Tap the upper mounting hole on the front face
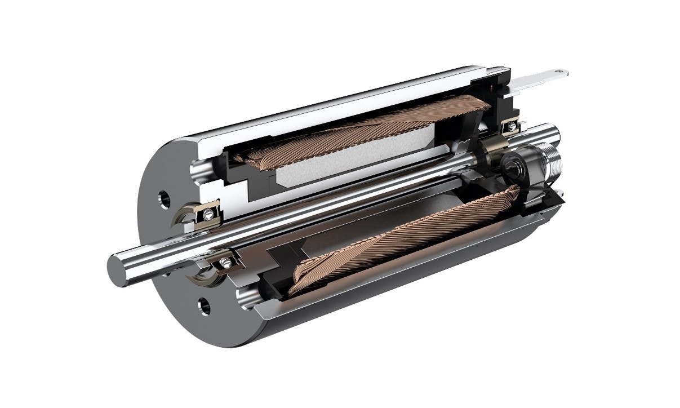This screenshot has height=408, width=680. pos(164,198)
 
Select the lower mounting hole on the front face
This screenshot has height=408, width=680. pos(204,306)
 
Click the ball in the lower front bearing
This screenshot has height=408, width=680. pos(226,261)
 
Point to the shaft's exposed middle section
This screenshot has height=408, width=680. pos(338,197)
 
